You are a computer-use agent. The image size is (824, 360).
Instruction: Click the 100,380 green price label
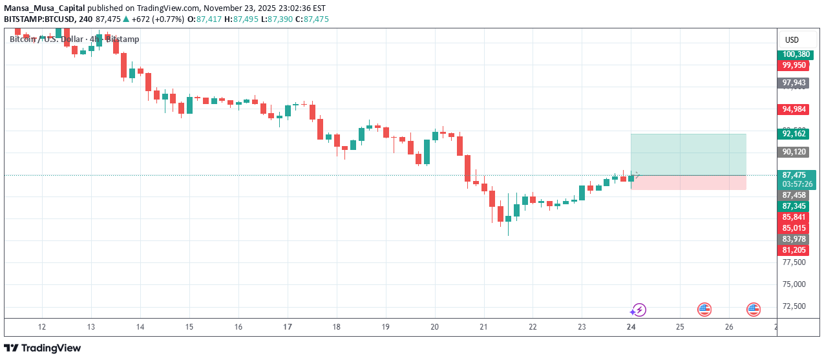(794, 54)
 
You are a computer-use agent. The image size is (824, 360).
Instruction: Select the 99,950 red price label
(794, 65)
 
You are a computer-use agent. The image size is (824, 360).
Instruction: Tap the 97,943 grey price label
(794, 83)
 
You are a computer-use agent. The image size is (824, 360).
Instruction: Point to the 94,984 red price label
(794, 109)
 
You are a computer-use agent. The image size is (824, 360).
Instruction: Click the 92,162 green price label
(794, 134)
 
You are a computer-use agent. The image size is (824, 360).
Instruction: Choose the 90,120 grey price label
(794, 152)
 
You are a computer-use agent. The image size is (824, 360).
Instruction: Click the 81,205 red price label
(794, 250)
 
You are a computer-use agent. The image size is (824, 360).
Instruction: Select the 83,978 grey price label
(794, 239)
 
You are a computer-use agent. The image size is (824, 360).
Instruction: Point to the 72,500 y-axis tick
(794, 306)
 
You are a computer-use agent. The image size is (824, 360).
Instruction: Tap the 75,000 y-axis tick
(794, 284)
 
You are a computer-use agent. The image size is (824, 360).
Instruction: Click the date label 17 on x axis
(287, 327)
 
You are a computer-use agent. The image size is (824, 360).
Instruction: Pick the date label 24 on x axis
(631, 327)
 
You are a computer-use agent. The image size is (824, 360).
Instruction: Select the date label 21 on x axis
(483, 327)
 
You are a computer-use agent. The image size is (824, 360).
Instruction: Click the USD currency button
(792, 39)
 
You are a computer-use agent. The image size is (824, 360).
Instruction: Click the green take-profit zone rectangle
(688, 154)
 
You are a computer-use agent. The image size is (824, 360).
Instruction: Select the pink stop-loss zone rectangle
(688, 182)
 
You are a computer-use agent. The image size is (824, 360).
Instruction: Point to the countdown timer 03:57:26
(794, 184)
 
